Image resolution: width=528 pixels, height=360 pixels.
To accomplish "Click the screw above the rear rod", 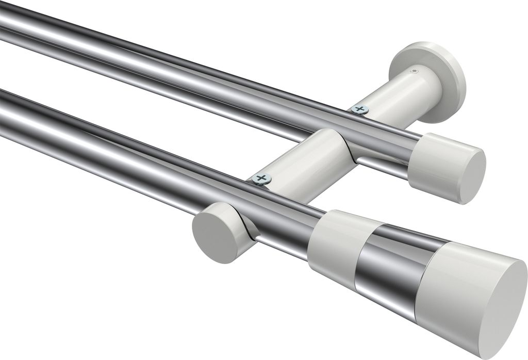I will tap(360, 109).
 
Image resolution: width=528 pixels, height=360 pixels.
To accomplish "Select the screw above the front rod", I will tap(262, 179).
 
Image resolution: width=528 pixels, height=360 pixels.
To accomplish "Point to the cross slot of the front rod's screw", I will tap(262, 179).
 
